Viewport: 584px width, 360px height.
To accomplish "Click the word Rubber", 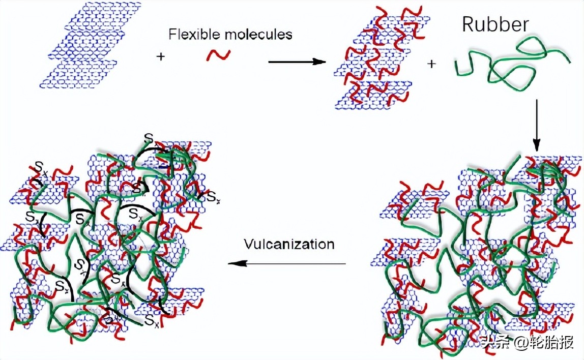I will click(x=495, y=24).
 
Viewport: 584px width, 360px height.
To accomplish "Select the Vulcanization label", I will click(x=288, y=244).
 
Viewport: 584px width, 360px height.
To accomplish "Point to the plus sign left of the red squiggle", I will click(x=161, y=56).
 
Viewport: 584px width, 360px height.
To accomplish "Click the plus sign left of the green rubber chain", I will click(x=431, y=64).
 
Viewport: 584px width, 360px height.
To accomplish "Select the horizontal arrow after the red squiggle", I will click(x=297, y=62).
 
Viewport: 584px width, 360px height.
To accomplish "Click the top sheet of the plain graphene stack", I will click(x=102, y=15).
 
